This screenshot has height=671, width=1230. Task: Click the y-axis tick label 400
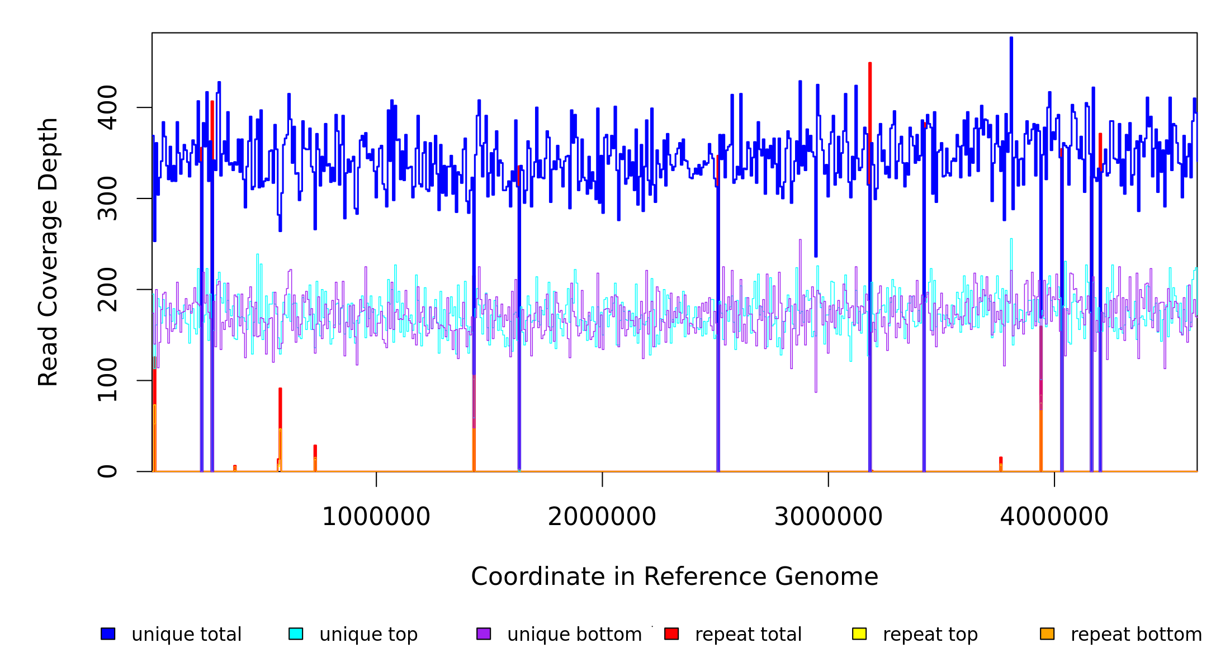[107, 107]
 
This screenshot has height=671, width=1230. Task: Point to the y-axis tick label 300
[107, 199]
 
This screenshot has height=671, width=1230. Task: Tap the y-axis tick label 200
[107, 290]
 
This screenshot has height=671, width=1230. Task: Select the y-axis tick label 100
[107, 380]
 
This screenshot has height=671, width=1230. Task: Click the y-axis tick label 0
[107, 471]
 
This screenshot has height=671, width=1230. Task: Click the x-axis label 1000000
[376, 517]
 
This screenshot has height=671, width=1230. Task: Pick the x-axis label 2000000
[602, 517]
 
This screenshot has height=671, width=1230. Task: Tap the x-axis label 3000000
[828, 517]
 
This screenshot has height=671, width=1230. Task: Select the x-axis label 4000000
[1054, 517]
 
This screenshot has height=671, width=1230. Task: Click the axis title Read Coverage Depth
[49, 252]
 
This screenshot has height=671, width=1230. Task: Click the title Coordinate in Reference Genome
[674, 577]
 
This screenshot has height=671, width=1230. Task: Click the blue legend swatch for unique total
[108, 634]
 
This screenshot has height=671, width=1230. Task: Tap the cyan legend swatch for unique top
[296, 634]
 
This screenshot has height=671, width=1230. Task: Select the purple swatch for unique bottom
[484, 634]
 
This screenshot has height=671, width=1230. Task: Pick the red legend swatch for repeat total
[671, 634]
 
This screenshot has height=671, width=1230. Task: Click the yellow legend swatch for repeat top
[859, 634]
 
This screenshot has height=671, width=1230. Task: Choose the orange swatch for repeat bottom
[1047, 634]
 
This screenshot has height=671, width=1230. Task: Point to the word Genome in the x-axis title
[836, 577]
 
